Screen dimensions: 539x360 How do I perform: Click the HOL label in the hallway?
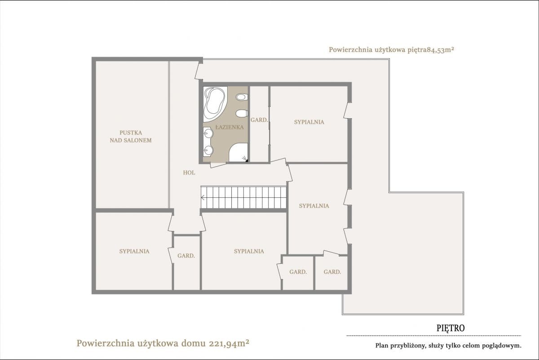point(189,173)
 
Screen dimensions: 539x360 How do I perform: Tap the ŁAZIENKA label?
point(230,127)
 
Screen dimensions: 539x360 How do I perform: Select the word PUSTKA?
point(131,133)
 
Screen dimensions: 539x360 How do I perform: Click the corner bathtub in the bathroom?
point(214,104)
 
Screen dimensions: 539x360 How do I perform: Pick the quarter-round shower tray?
point(238,152)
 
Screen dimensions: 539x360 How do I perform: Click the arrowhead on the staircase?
point(203,198)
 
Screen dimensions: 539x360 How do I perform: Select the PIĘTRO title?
point(451,328)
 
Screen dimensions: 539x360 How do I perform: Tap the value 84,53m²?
point(440,50)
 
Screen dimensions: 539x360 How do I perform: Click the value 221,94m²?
point(229,343)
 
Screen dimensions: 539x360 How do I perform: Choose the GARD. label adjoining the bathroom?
point(259,120)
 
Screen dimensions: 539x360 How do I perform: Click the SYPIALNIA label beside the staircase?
point(314,206)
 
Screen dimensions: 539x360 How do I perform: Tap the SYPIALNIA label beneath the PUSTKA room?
point(134,251)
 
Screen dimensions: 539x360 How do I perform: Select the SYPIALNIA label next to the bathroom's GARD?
point(309,122)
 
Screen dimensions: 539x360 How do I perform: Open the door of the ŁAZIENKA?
point(218,165)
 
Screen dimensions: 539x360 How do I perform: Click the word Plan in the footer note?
point(382,346)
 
